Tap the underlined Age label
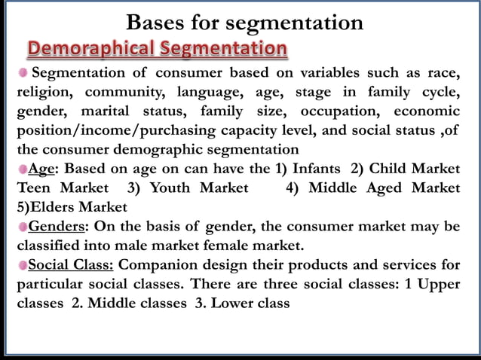pos(41,168)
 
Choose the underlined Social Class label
pos(72,264)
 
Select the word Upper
pos(438,284)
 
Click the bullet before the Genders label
pos(23,226)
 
